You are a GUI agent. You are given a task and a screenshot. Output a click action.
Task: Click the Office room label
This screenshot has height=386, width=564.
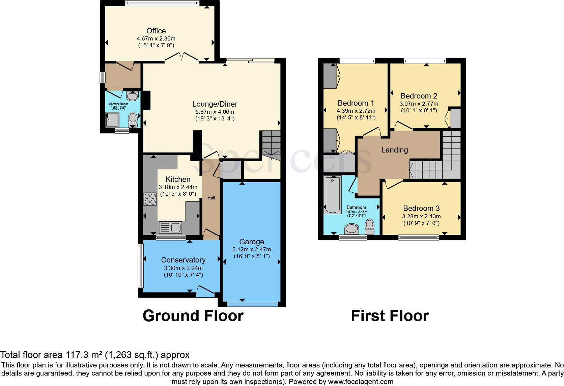[x=156, y=31]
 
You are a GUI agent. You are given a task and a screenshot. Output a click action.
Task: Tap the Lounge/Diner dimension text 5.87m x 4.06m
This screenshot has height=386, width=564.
[x=215, y=112]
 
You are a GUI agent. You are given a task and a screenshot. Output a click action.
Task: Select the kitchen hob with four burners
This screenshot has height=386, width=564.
[x=150, y=199]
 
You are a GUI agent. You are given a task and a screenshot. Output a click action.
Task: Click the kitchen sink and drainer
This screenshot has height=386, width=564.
[x=171, y=227]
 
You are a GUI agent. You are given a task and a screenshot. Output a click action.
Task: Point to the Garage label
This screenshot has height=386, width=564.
[x=251, y=242]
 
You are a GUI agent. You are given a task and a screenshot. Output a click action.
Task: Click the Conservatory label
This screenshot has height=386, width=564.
[x=183, y=260]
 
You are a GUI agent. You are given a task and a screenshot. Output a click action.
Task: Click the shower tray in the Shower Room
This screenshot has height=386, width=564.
[x=113, y=120]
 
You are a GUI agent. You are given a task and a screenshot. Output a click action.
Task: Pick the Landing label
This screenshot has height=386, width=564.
[x=394, y=150]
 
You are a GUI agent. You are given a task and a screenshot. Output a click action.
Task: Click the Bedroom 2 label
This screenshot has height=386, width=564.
[x=419, y=96]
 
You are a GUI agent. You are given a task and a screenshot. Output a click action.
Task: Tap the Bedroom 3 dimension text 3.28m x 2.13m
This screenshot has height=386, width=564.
[x=421, y=216]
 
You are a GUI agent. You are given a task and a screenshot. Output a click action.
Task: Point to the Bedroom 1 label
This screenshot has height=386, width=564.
[x=356, y=103]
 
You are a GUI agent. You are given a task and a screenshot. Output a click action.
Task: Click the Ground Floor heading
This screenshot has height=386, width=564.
[x=193, y=316]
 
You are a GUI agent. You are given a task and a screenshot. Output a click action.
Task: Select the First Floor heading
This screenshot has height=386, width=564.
[x=390, y=316]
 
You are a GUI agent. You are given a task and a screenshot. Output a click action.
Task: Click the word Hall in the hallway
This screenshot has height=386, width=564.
[x=211, y=198]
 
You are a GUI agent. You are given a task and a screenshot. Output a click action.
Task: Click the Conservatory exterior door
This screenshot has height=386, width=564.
[x=206, y=291]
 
